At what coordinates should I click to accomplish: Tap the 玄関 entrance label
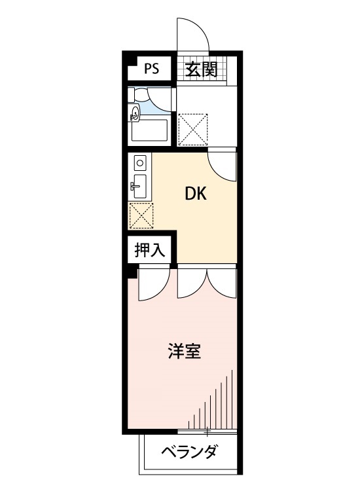(200, 69)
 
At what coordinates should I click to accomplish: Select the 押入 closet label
(150, 249)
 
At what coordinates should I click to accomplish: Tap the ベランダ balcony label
(189, 452)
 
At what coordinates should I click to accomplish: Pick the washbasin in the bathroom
(135, 115)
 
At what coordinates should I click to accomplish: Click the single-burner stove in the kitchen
(139, 161)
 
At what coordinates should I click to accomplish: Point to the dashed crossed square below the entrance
(193, 128)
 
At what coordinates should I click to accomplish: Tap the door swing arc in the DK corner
(221, 165)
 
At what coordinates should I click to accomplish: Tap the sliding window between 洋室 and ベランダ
(207, 432)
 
